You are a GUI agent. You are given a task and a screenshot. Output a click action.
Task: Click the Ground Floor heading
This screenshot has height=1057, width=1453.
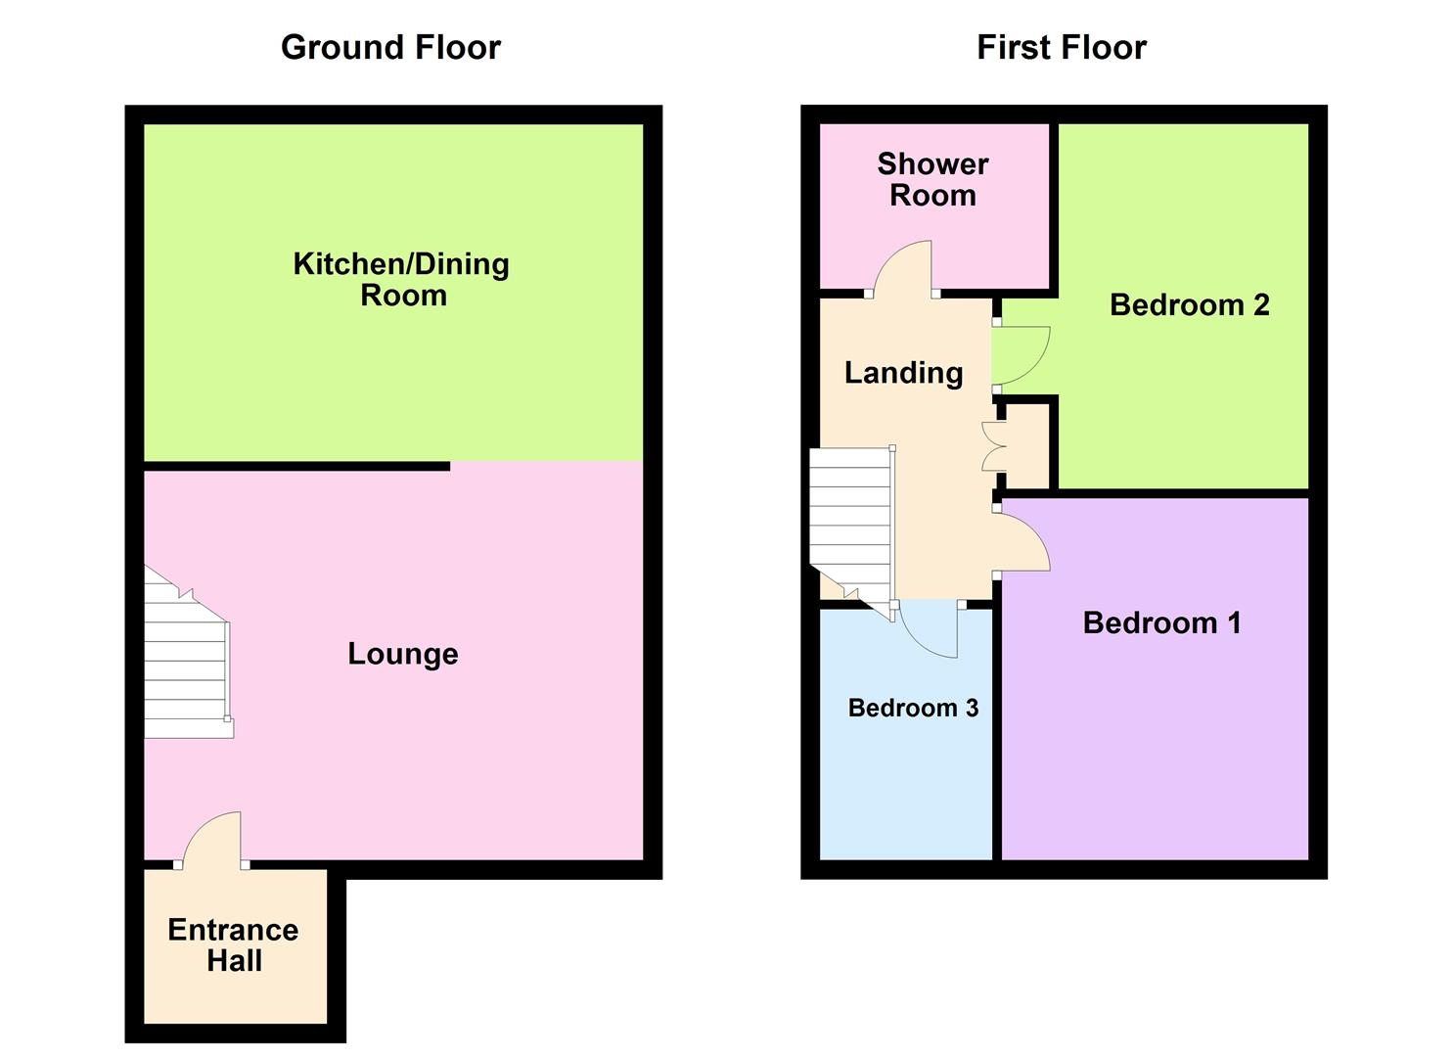tap(390, 48)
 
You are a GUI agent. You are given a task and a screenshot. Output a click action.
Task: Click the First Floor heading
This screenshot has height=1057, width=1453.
tap(1062, 48)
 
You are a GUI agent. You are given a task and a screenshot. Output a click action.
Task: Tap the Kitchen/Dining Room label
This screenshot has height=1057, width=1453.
tap(401, 279)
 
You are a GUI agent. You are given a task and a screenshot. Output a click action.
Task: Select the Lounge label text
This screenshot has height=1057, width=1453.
tap(403, 654)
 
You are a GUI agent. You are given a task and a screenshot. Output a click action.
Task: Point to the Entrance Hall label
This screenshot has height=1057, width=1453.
tap(234, 944)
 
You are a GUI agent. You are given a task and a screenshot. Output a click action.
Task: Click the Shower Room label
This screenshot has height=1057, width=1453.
tap(932, 179)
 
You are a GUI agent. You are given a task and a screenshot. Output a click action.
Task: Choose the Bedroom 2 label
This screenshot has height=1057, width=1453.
tap(1190, 305)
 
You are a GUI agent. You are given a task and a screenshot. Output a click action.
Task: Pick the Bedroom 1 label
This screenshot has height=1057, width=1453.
tap(1161, 622)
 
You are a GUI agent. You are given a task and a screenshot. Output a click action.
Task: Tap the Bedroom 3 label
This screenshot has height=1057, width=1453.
tap(913, 708)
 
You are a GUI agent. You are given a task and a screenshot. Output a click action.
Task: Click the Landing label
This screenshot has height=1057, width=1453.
tap(903, 373)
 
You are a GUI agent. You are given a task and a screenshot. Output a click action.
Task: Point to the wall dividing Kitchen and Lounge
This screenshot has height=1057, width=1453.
tap(297, 466)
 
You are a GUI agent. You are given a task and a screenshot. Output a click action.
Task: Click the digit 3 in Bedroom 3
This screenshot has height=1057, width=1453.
tap(973, 708)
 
